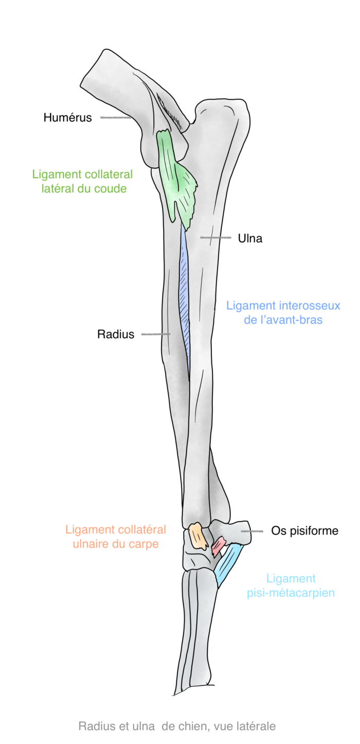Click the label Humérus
[x=67, y=117]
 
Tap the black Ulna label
[x=250, y=238]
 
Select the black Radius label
[x=116, y=334]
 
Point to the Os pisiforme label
[x=305, y=530]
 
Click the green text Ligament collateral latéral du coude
[x=82, y=181]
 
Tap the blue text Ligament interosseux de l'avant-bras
[x=283, y=312]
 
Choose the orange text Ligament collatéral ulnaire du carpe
[x=116, y=536]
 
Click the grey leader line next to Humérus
[x=116, y=118]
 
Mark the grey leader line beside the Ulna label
[x=215, y=238]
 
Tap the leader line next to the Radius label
[x=155, y=334]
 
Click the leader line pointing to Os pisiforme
[x=253, y=530]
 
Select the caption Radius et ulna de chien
[x=177, y=726]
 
